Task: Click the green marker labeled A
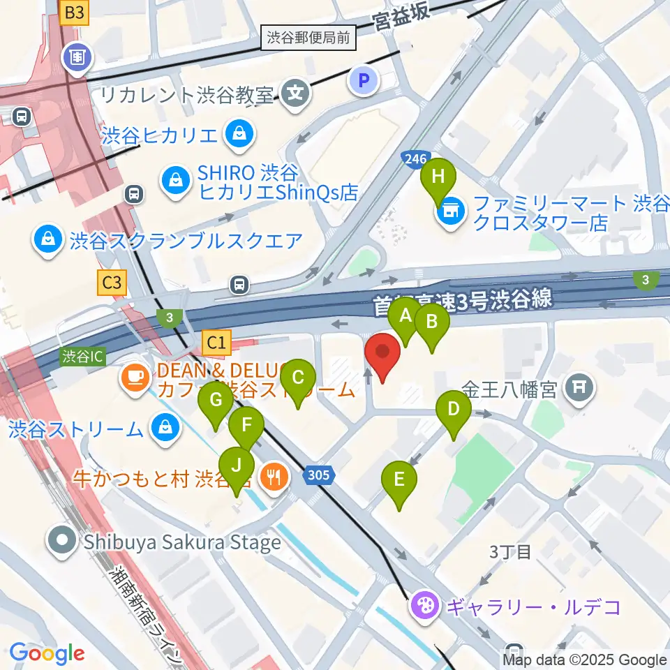405,318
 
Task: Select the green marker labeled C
297,380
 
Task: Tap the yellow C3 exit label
112,283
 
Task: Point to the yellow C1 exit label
216,342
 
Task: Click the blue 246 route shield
414,161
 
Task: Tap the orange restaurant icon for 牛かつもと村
271,477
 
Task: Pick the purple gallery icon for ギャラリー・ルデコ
424,605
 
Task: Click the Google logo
47,654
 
